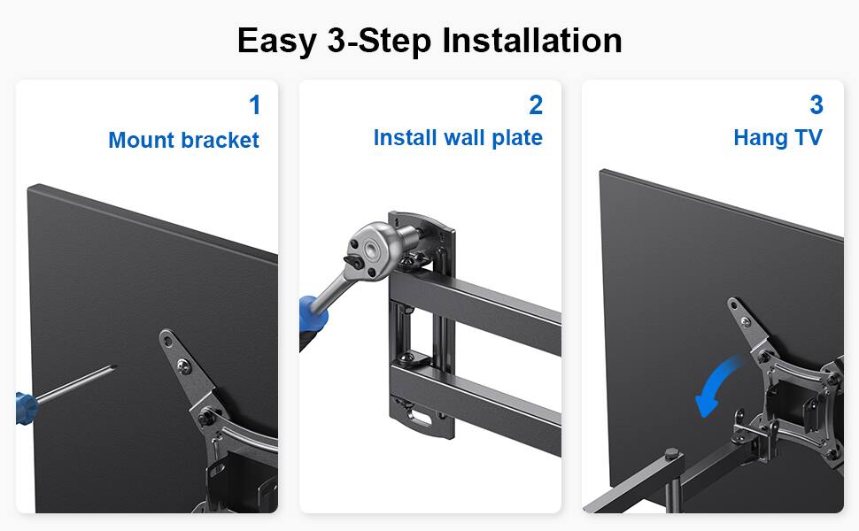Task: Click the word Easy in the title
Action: pyautogui.click(x=277, y=42)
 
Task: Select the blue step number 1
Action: pyautogui.click(x=255, y=106)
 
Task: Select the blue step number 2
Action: pyautogui.click(x=535, y=106)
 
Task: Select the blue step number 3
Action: pyautogui.click(x=816, y=106)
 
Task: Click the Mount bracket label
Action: pyautogui.click(x=183, y=140)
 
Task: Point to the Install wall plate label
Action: pyautogui.click(x=457, y=138)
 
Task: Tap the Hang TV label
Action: pyautogui.click(x=778, y=138)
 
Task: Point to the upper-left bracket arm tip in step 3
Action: pyautogui.click(x=736, y=305)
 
